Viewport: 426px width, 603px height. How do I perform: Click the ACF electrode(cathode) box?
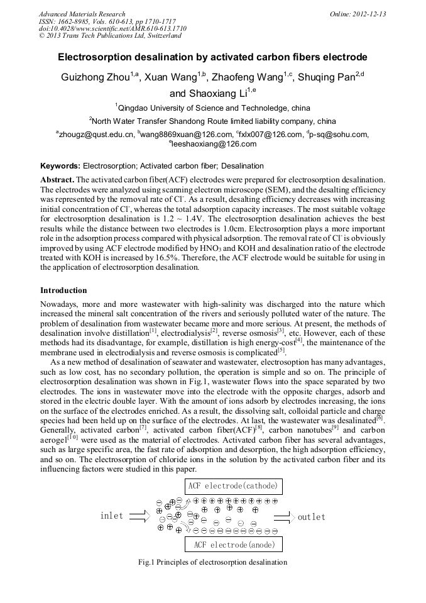[x=234, y=486]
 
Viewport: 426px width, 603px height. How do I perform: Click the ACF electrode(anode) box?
[x=234, y=544]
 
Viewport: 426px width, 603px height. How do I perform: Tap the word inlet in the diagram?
[x=112, y=516]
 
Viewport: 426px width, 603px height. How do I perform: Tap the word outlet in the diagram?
[x=312, y=517]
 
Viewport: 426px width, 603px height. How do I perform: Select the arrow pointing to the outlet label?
[x=284, y=517]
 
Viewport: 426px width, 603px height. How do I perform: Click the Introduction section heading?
[x=63, y=290]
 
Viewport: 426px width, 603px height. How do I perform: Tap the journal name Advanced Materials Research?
[x=82, y=14]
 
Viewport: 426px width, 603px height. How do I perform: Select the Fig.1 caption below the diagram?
[x=212, y=562]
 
